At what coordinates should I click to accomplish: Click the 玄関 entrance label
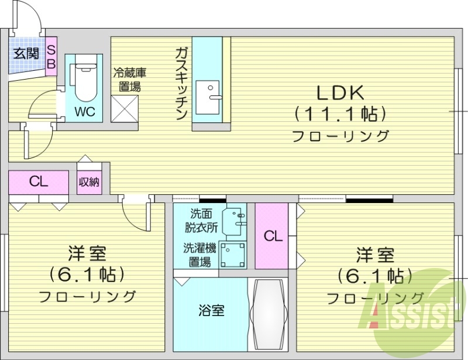26,53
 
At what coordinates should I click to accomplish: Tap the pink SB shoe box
51,56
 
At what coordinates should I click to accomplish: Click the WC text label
84,111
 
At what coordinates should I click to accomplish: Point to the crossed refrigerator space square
124,109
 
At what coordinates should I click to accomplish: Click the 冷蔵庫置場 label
129,80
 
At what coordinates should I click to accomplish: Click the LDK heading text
341,93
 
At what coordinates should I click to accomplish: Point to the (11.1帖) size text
340,113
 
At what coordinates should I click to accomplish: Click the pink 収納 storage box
89,182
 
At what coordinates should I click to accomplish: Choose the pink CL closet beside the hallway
39,181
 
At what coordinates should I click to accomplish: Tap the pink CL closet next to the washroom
272,236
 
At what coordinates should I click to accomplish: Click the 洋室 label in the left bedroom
87,255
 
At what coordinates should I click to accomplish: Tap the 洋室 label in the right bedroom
376,255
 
